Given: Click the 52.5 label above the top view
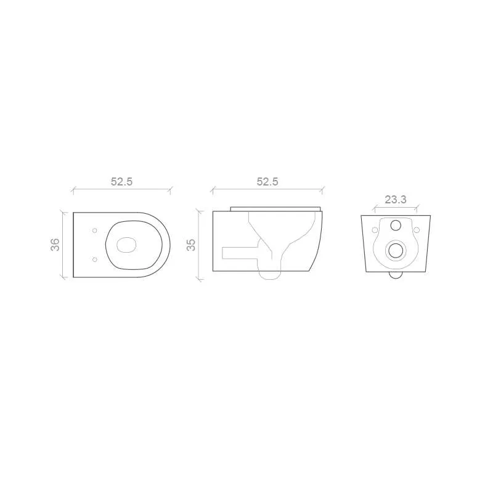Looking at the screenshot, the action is point(121,182).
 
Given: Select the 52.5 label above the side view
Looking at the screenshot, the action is point(267,182).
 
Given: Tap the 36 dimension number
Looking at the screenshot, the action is point(55,245).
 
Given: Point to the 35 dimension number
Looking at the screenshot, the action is point(191,245).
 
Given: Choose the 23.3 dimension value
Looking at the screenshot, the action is point(396,199).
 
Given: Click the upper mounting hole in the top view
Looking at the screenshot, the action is point(95,230).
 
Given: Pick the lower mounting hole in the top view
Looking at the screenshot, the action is point(95,259).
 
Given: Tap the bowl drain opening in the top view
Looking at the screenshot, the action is point(127,245).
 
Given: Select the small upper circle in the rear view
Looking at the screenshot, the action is point(396,225).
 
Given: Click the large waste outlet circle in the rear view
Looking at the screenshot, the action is point(396,251).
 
